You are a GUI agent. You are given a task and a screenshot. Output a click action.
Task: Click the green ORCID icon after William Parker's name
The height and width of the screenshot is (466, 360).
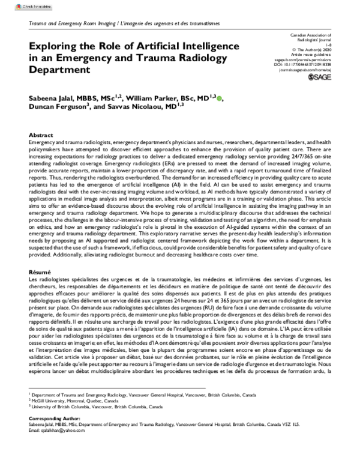coord(221,97)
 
